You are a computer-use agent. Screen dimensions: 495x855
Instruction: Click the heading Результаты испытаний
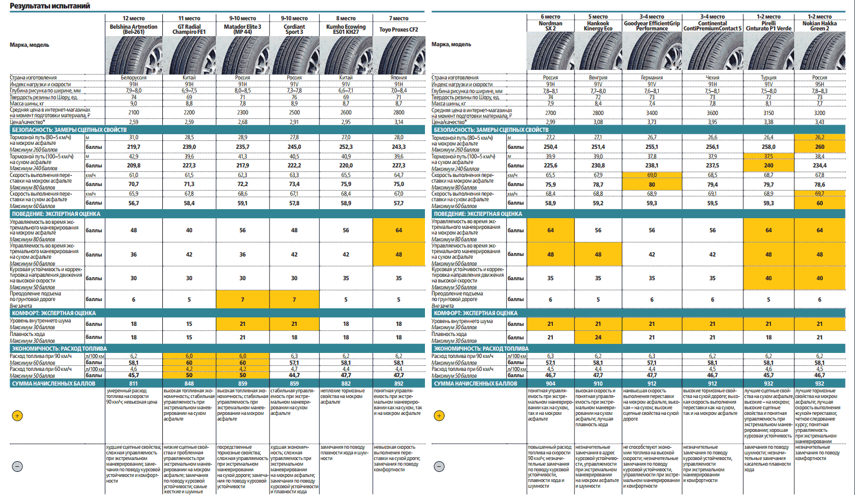click(x=50, y=6)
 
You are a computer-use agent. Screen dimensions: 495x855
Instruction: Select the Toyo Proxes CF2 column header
click(x=398, y=30)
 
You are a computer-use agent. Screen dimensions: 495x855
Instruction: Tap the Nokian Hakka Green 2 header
click(x=819, y=26)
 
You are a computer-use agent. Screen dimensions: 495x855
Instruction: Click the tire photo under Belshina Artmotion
click(x=134, y=55)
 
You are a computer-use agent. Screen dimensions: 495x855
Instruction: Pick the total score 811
click(x=134, y=383)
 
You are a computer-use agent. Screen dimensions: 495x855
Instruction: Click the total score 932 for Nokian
click(x=819, y=383)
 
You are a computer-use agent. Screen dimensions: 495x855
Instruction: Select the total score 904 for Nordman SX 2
click(x=551, y=383)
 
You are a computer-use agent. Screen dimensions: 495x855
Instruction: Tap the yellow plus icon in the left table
click(x=17, y=416)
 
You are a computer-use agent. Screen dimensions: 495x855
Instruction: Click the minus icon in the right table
click(x=440, y=466)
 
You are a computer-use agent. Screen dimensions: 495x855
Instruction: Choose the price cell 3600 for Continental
click(x=712, y=113)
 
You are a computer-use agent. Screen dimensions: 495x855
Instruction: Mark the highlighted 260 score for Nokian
click(x=819, y=147)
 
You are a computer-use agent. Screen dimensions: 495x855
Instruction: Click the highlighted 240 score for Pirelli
click(x=768, y=165)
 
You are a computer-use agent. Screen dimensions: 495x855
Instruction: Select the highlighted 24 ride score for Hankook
click(x=598, y=337)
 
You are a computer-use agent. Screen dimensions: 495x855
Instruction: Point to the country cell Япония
click(x=398, y=78)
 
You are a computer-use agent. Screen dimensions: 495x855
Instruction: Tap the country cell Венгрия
click(x=598, y=78)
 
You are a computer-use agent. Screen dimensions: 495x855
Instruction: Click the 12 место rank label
click(x=134, y=19)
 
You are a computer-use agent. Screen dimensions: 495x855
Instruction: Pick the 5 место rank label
click(x=598, y=17)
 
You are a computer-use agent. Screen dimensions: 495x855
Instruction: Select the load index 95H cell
click(x=819, y=85)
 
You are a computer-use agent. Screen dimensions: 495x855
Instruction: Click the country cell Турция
click(x=768, y=78)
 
